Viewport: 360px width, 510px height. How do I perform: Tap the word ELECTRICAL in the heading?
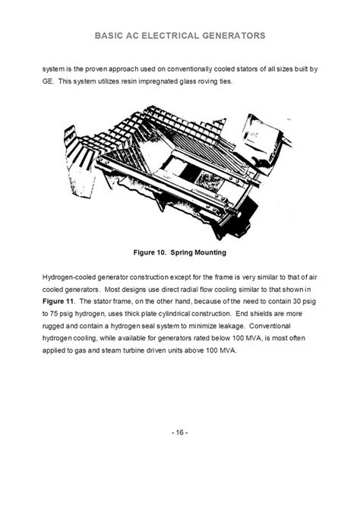(x=170, y=36)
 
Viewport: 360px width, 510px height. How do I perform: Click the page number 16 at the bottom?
(x=180, y=432)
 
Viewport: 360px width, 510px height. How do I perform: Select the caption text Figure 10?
(x=150, y=252)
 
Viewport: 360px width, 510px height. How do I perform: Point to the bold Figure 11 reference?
(x=58, y=302)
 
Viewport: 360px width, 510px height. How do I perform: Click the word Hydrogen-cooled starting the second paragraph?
(x=69, y=277)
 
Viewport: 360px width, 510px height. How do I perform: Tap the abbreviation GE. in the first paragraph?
(x=48, y=81)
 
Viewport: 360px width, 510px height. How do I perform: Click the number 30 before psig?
(x=297, y=302)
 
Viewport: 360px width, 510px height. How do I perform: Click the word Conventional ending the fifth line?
(x=270, y=326)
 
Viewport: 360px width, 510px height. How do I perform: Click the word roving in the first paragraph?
(x=207, y=81)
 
